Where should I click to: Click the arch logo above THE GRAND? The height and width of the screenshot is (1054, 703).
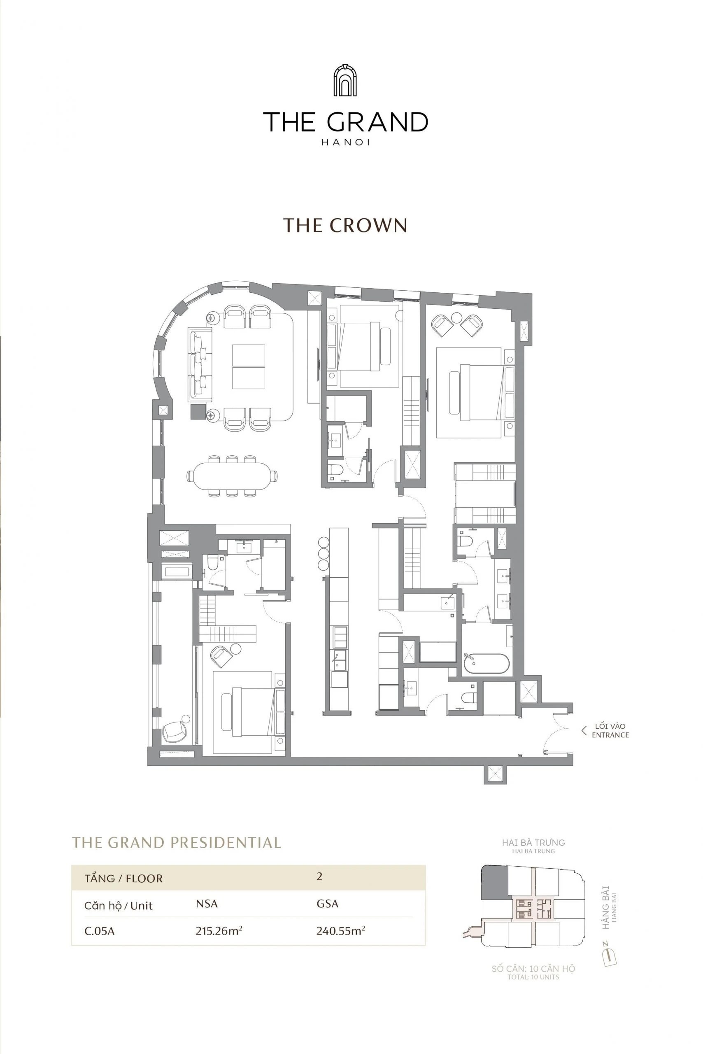tap(345, 81)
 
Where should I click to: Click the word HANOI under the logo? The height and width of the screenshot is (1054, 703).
tap(345, 142)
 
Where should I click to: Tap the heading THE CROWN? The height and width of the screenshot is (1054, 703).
tap(345, 225)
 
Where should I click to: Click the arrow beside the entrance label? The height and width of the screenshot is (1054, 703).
tap(583, 731)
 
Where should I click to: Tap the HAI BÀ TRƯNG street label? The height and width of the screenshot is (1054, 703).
tap(533, 843)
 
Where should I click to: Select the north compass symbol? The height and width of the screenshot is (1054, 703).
tap(609, 956)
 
